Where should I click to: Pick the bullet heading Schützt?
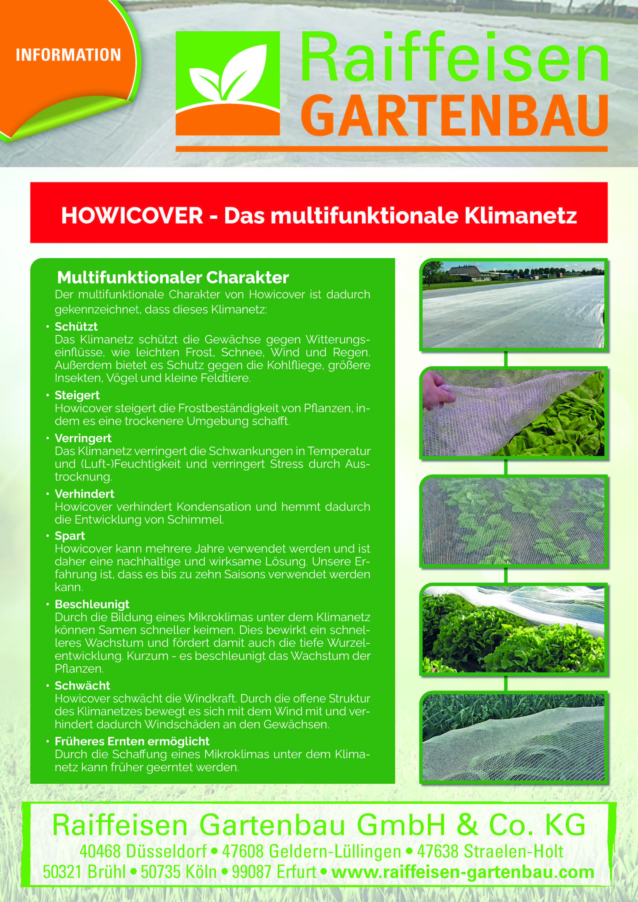76,326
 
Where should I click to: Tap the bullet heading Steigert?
77,395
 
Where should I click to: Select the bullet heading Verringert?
83,438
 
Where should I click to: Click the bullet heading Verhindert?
85,494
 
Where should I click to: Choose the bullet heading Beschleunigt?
92,604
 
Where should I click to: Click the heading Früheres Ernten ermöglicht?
132,741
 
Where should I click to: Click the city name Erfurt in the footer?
297,872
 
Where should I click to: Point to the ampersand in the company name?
467,825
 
